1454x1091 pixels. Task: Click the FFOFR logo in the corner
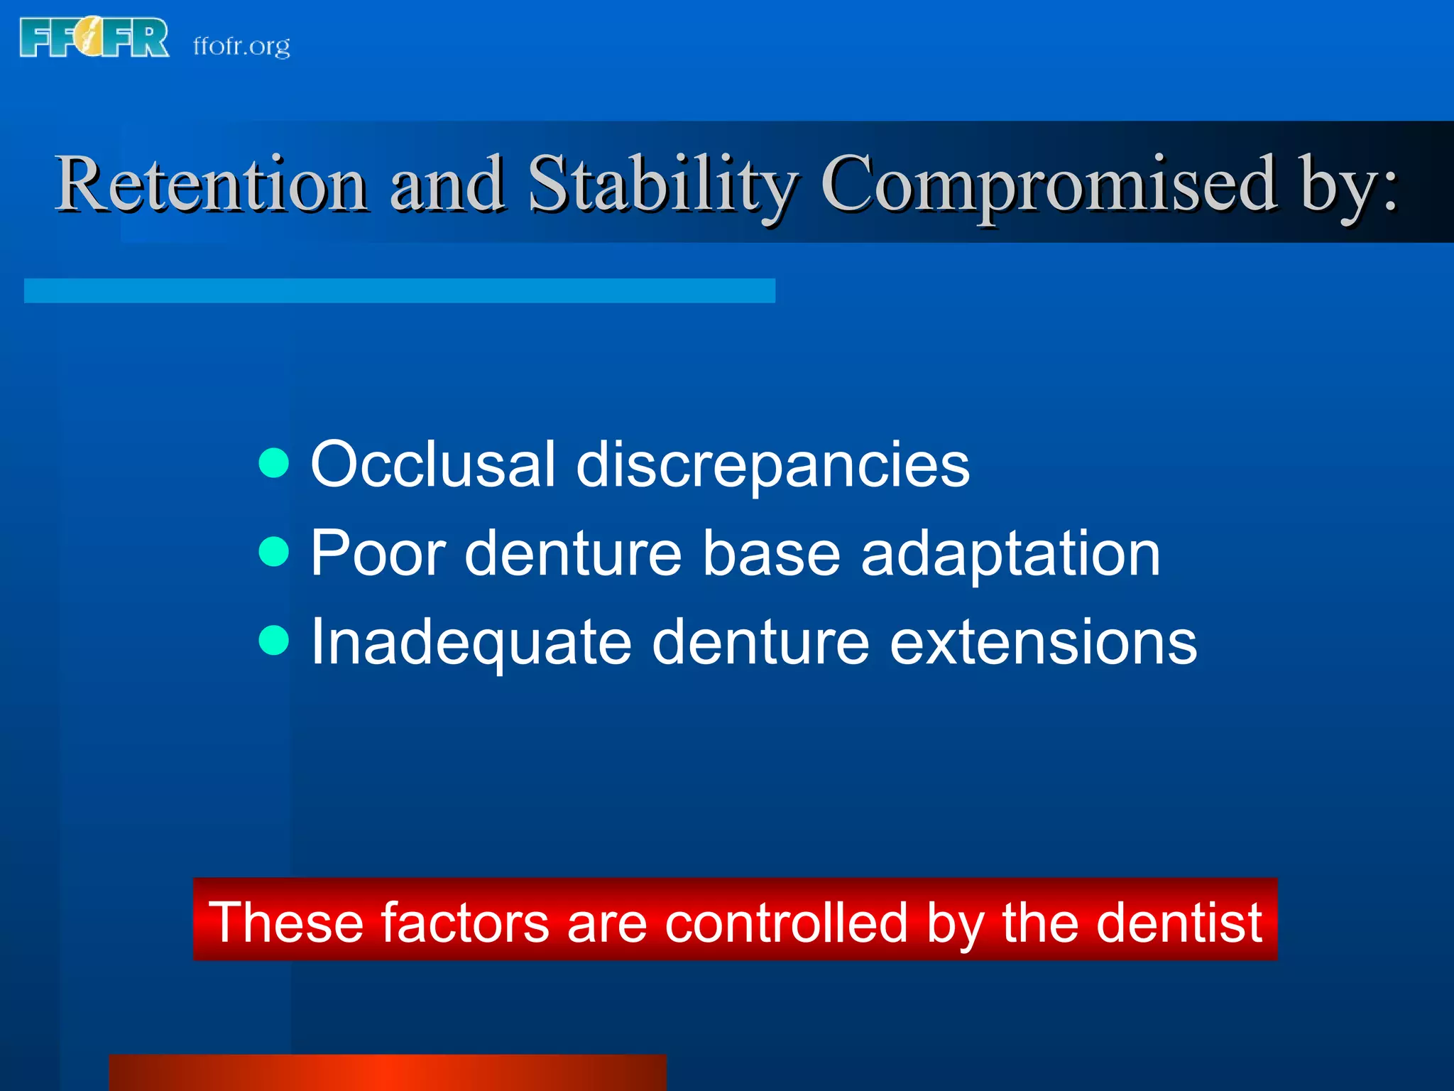click(94, 38)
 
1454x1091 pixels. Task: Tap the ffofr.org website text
click(241, 46)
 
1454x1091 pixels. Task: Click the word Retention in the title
click(212, 184)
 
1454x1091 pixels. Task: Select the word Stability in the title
click(663, 184)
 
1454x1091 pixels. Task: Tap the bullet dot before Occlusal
click(274, 463)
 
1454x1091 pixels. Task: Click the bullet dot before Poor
click(274, 552)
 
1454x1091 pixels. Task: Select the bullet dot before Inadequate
click(274, 641)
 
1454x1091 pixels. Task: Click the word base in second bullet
click(771, 553)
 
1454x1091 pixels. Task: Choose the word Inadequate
click(471, 644)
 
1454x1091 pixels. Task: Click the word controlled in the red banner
click(786, 923)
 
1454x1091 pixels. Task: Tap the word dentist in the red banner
click(1179, 923)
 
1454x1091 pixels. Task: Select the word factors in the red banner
click(465, 923)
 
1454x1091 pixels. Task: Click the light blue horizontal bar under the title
click(399, 291)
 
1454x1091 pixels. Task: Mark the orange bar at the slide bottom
click(388, 1073)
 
